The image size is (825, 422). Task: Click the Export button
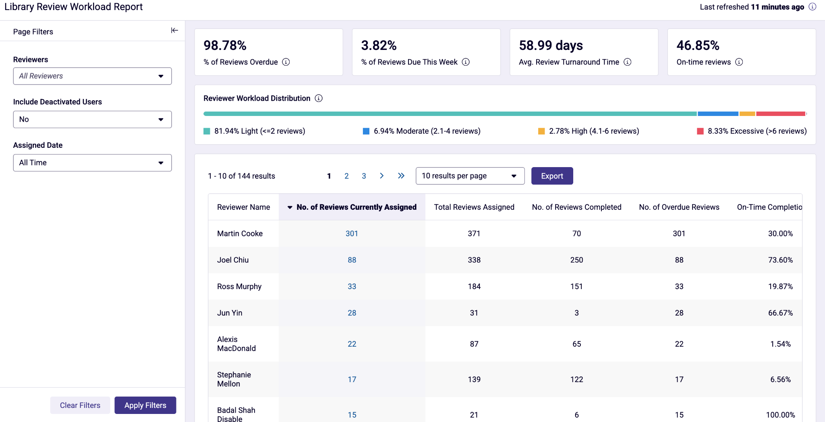[552, 176]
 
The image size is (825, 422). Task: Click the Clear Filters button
[80, 405]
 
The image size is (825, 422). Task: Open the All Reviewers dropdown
[92, 76]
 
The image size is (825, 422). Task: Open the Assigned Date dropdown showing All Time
[92, 163]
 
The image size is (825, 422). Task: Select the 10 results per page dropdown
[470, 176]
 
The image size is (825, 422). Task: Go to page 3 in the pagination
[364, 176]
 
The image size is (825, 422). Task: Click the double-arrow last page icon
[401, 176]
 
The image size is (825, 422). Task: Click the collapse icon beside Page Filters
[174, 30]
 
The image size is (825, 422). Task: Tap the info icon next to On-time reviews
[739, 62]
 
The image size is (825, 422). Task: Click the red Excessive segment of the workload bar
[781, 114]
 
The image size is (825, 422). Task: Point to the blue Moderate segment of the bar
[718, 114]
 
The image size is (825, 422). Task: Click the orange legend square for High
[541, 131]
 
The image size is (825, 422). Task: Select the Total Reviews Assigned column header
[474, 207]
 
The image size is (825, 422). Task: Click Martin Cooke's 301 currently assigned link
[352, 234]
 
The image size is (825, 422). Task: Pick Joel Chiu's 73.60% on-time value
[780, 260]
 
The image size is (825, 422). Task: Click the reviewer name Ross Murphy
[239, 286]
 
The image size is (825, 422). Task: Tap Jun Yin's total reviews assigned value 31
[474, 313]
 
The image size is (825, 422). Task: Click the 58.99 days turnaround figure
[551, 46]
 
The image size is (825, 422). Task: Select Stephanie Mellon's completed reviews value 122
[577, 379]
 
